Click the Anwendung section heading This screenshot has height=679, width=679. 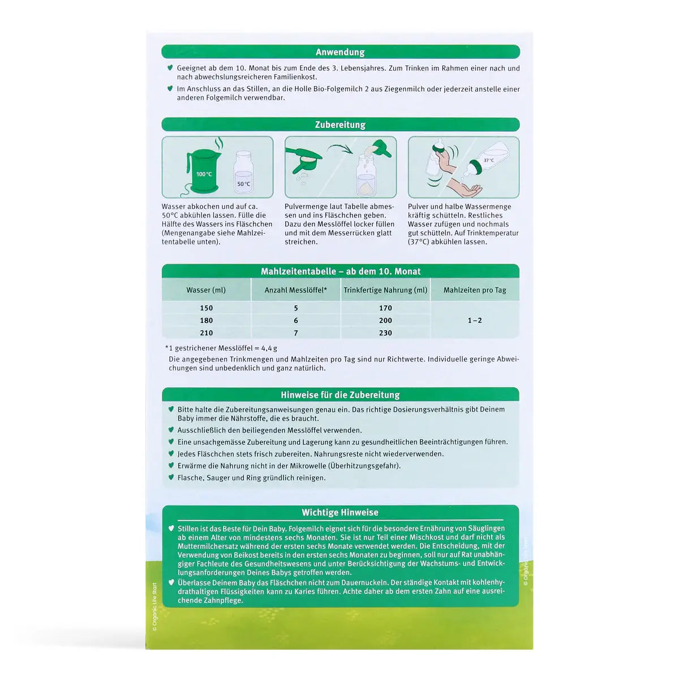click(340, 52)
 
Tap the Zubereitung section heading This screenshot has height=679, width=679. click(340, 124)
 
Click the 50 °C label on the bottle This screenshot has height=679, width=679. click(243, 184)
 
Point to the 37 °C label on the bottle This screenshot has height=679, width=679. click(488, 161)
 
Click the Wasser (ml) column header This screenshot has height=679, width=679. click(206, 290)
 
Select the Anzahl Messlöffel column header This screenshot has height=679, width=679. click(295, 290)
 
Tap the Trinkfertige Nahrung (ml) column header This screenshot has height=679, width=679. click(385, 290)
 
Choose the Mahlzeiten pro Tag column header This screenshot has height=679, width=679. click(475, 290)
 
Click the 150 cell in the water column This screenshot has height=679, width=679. click(206, 308)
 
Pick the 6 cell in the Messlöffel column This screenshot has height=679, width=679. click(295, 320)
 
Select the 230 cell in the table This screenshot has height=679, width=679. click(385, 333)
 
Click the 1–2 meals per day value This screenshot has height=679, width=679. click(475, 320)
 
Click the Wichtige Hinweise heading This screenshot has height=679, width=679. click(340, 513)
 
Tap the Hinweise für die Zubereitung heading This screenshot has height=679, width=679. click(340, 395)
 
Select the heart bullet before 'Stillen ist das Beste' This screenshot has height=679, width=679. click(171, 528)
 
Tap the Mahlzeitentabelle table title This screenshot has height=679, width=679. click(340, 272)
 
